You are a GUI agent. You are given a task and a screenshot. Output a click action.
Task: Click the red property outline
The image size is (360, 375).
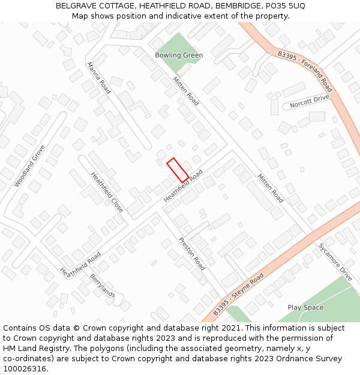[177, 170]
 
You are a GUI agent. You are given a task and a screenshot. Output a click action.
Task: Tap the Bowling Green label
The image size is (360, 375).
[179, 55]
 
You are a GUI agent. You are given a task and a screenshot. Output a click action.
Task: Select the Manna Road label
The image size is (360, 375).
[99, 78]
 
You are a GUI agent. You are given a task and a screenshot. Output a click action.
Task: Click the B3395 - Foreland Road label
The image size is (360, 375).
[305, 67]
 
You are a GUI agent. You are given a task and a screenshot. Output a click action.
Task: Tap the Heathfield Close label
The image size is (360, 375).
[107, 192]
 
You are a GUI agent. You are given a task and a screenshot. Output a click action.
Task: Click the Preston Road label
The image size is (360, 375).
[192, 253]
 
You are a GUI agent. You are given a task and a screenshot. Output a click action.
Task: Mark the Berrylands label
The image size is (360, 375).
[103, 285]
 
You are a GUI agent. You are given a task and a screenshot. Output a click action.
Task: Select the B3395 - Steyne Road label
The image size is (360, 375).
[239, 294]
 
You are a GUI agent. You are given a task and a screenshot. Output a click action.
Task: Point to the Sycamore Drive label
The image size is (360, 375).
[335, 262]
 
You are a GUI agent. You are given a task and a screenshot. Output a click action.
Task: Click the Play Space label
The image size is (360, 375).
[305, 308]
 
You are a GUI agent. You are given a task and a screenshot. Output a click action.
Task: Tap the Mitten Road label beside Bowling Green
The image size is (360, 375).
[185, 91]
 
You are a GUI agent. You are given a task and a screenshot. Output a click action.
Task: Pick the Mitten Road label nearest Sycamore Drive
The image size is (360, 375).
[271, 188]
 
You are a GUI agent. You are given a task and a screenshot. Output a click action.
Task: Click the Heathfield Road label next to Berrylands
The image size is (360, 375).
[80, 264]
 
